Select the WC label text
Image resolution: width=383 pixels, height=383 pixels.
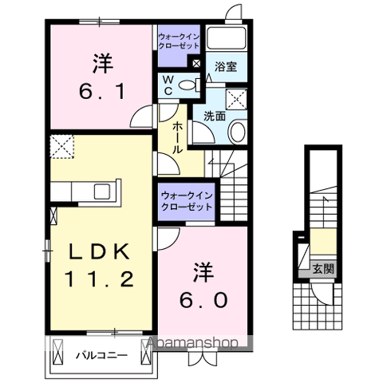click(169, 84)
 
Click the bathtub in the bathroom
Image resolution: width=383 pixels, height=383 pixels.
click(227, 39)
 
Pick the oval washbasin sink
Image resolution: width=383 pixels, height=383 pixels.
click(237, 130)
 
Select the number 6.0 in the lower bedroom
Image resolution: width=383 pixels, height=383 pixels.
click(203, 299)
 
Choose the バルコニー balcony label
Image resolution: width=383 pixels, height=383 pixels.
click(102, 353)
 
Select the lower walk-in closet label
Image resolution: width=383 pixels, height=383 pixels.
click(187, 200)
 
